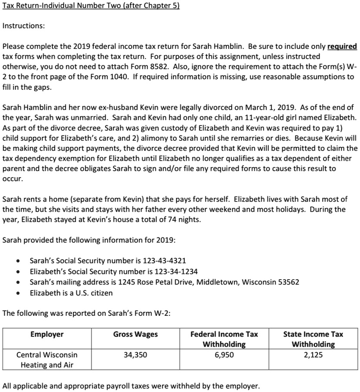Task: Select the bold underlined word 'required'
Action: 342,47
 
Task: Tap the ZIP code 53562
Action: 288,282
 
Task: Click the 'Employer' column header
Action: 47,335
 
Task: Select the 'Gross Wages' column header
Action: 135,335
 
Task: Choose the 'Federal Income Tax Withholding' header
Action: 224,339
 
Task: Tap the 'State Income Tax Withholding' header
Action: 313,339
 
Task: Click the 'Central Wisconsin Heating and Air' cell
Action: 47,360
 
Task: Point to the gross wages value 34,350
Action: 135,355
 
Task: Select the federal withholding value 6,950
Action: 224,355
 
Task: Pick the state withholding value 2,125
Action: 313,355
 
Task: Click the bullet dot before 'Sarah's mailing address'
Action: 17,282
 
